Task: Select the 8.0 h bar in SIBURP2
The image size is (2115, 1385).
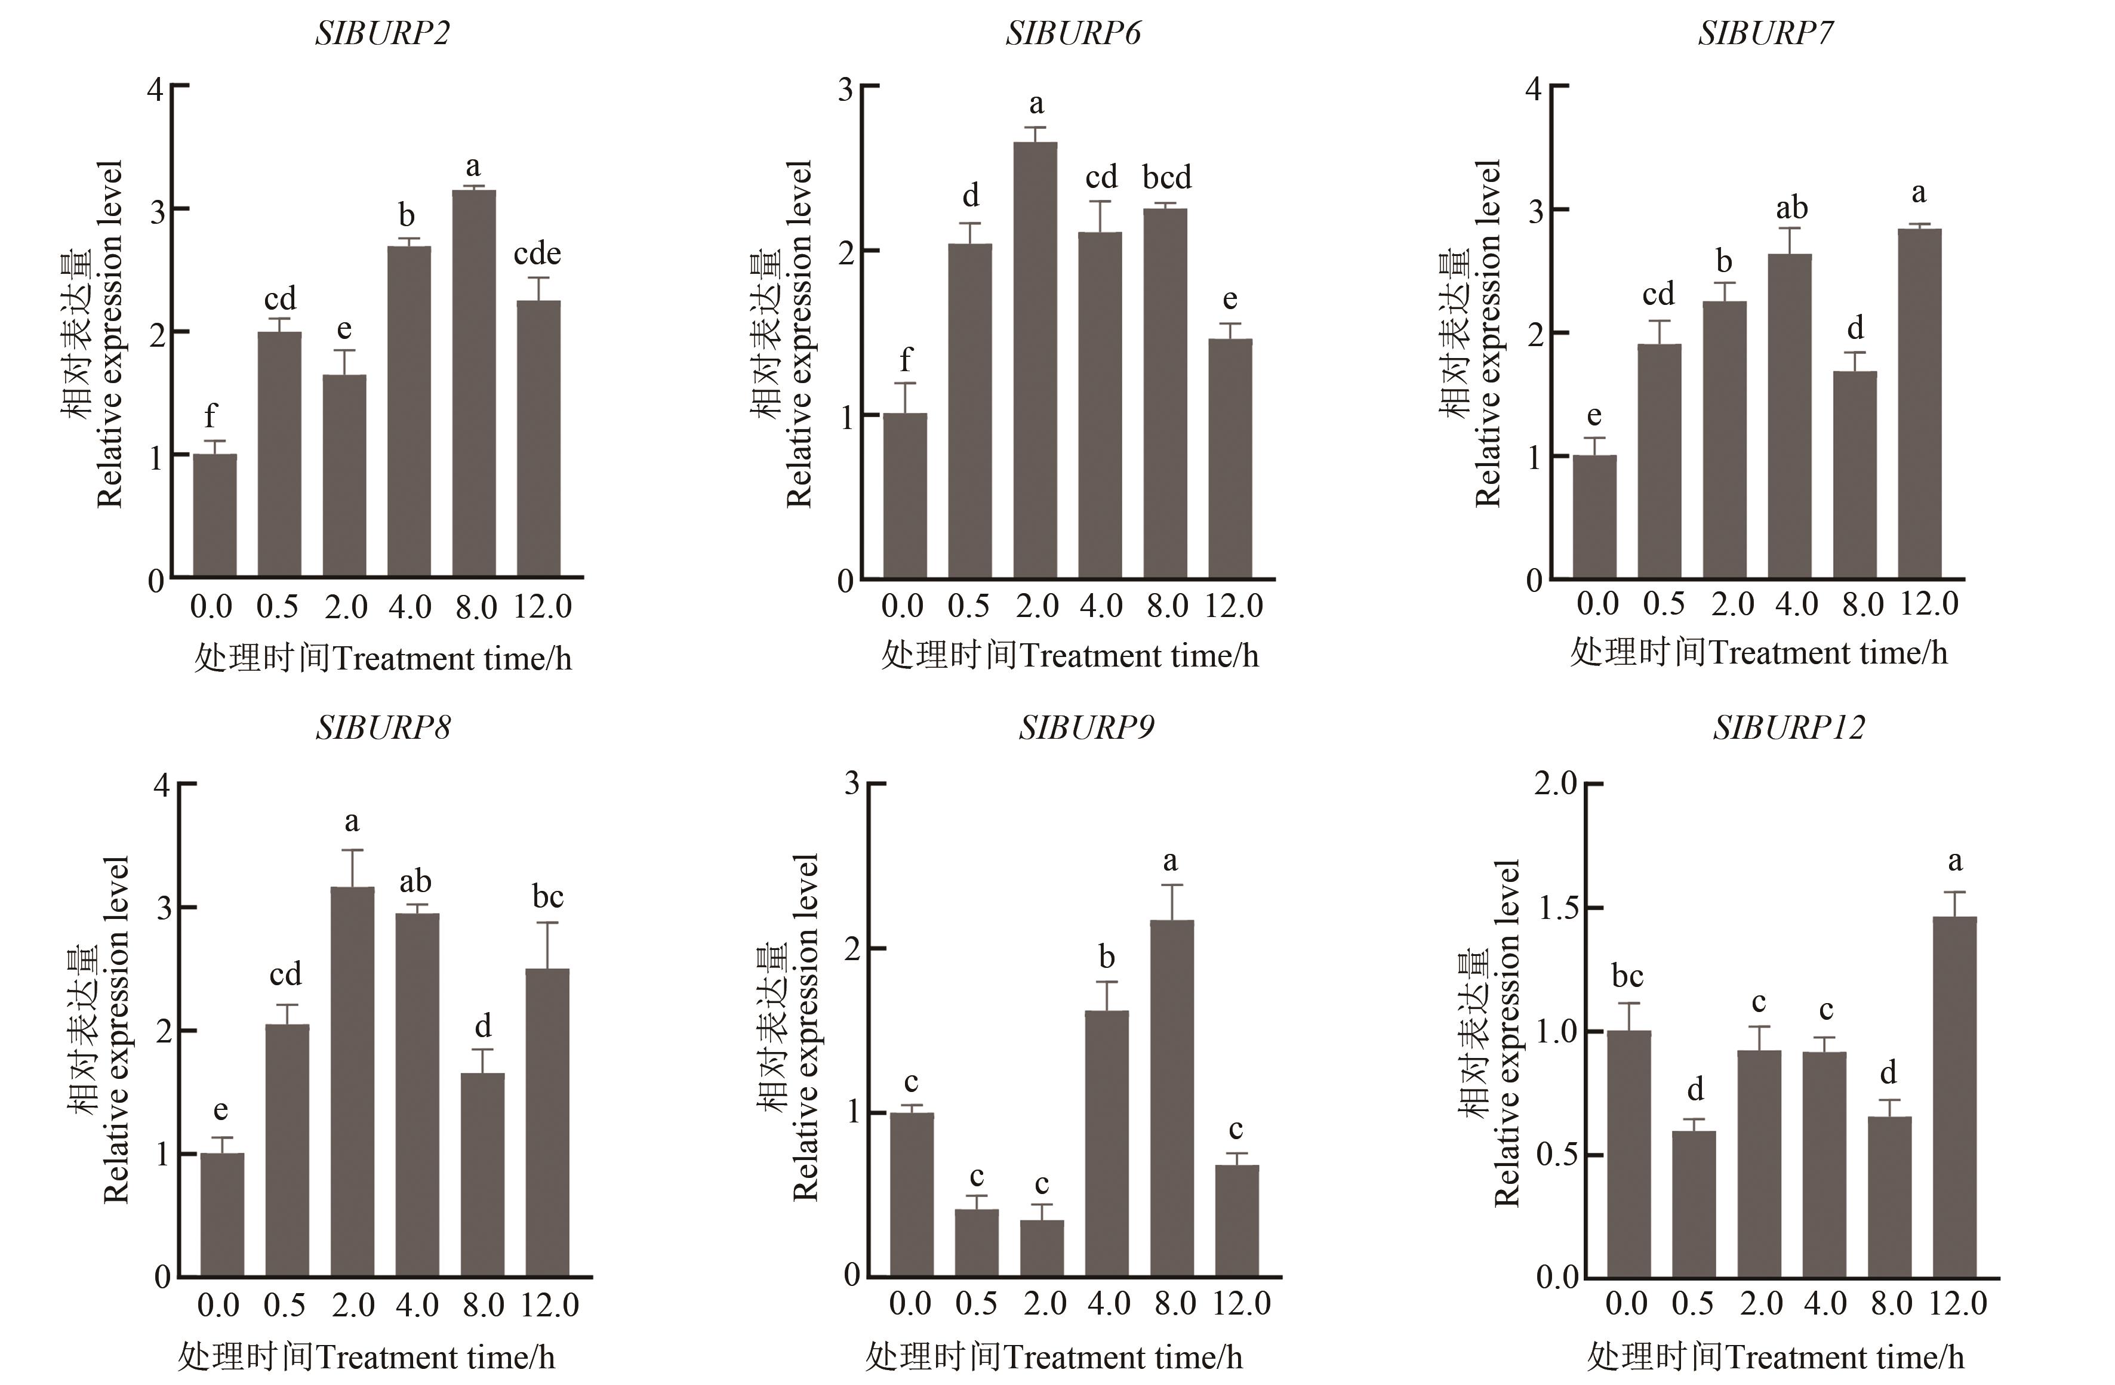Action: pyautogui.click(x=473, y=382)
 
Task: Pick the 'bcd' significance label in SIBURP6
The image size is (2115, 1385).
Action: pyautogui.click(x=1166, y=178)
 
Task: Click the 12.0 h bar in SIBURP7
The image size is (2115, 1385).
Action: pyautogui.click(x=1919, y=403)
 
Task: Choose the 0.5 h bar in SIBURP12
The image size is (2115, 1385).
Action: pyautogui.click(x=1694, y=1204)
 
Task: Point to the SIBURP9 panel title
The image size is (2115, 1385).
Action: pyautogui.click(x=1086, y=727)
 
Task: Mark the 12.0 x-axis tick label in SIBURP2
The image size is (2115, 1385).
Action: pyautogui.click(x=542, y=607)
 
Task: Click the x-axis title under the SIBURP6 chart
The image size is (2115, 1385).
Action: pyautogui.click(x=1070, y=656)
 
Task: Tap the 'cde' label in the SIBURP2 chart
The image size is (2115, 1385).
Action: pyautogui.click(x=537, y=254)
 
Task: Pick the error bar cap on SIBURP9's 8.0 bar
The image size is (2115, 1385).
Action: pyautogui.click(x=1171, y=885)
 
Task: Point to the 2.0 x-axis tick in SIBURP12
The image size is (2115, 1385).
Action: pyautogui.click(x=1760, y=1303)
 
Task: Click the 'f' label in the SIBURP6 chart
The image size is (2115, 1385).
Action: pyautogui.click(x=904, y=360)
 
